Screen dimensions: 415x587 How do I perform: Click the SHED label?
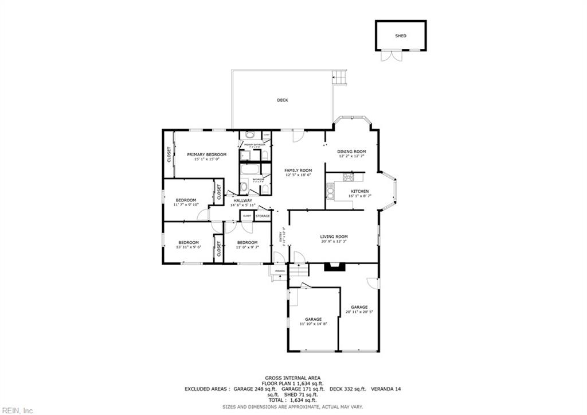[x=401, y=36]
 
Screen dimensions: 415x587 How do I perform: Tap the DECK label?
[x=282, y=100]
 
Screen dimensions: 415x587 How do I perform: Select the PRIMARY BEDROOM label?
[x=206, y=154]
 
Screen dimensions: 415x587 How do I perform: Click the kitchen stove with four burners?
[x=348, y=177]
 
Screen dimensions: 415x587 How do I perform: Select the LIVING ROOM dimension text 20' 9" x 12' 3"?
[x=334, y=242]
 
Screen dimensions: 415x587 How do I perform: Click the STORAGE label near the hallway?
[x=263, y=216]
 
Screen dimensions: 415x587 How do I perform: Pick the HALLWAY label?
[x=242, y=200]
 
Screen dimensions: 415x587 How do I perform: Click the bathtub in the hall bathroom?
[x=249, y=170]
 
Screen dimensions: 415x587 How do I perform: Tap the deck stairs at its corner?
[x=340, y=77]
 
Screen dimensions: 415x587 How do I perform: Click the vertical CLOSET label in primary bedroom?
[x=169, y=154]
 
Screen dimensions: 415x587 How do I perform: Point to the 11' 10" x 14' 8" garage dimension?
[x=313, y=324]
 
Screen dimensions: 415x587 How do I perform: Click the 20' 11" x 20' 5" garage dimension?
[x=359, y=312]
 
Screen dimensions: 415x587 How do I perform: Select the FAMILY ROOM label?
[x=298, y=170]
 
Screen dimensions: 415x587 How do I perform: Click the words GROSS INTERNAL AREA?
[x=293, y=378]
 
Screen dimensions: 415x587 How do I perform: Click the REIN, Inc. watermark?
[x=18, y=410]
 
